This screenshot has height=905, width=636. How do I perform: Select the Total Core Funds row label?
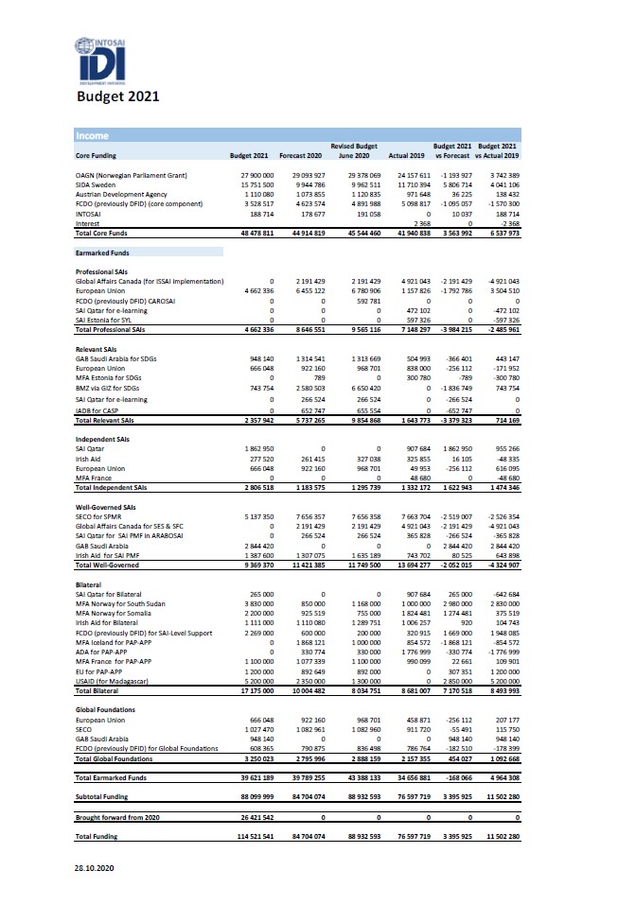[x=106, y=232]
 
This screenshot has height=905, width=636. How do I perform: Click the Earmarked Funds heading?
[x=103, y=252]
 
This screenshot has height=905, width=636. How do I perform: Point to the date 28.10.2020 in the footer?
[x=97, y=867]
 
